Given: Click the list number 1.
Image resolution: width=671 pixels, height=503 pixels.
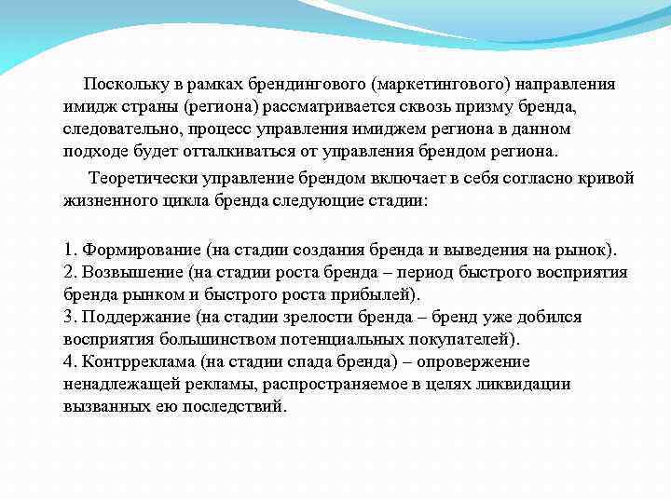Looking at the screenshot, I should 69,250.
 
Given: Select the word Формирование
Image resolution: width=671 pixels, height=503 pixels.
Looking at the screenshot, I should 137,250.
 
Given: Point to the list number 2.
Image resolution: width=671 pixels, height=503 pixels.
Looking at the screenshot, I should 70,272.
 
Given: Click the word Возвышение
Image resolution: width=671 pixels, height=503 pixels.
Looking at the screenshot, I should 132,272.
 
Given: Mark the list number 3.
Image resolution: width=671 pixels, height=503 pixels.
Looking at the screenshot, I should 70,317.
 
